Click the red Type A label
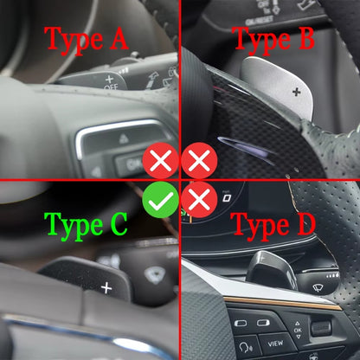[86, 41]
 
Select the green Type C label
[86, 227]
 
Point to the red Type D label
[273, 227]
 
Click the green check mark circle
[161, 200]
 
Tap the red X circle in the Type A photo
[161, 160]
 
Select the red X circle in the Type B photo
[199, 160]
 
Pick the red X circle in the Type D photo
[199, 200]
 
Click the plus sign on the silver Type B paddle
[297, 92]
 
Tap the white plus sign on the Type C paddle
[106, 288]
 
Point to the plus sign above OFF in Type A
[110, 79]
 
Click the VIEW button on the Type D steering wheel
[275, 344]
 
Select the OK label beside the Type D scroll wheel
[298, 330]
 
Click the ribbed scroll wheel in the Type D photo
[321, 328]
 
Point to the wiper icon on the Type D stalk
[318, 287]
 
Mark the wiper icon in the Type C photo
[155, 274]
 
